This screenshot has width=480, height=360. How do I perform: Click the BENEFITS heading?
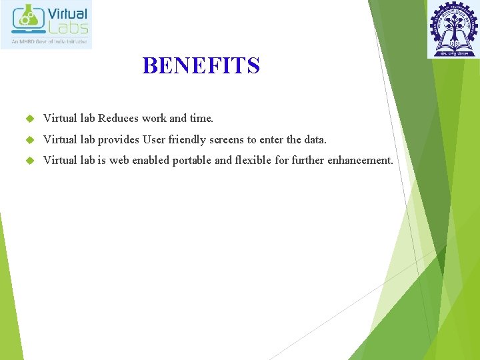click(201, 66)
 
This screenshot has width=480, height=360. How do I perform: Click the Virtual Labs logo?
click(47, 25)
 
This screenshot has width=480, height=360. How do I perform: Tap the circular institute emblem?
click(453, 29)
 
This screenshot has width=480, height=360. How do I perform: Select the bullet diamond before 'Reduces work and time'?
click(29, 119)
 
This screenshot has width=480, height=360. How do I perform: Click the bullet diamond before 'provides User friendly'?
click(29, 140)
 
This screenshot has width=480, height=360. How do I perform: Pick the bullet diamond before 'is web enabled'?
click(29, 161)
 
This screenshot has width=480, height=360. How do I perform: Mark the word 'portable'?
click(192, 161)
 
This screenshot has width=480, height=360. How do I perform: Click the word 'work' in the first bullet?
click(154, 119)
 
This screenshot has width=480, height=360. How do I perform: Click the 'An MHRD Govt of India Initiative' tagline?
click(47, 41)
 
